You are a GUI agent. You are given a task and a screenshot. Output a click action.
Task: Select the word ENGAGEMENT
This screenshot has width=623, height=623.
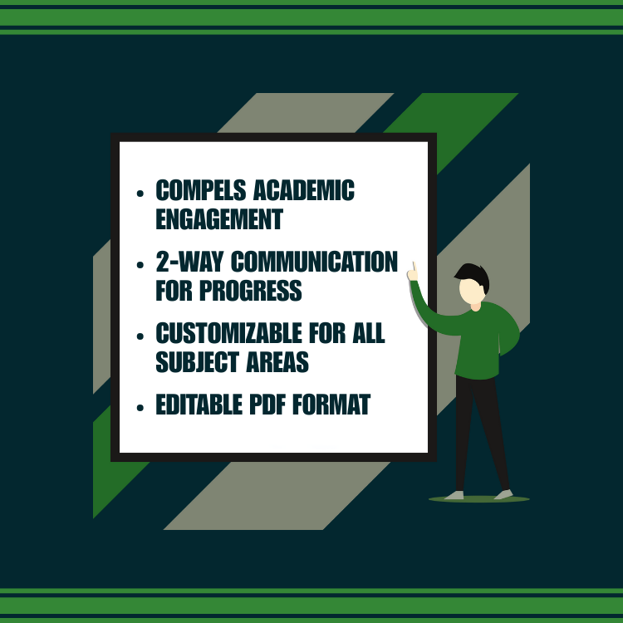(x=219, y=219)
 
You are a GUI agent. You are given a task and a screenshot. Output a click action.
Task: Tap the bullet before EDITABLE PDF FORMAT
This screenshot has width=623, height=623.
(x=140, y=407)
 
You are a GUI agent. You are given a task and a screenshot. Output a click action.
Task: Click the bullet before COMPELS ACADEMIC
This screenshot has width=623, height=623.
(x=140, y=194)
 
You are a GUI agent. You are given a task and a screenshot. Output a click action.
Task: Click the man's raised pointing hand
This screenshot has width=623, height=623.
(x=412, y=271)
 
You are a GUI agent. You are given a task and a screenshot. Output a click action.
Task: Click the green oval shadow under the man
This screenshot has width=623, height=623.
(x=478, y=499)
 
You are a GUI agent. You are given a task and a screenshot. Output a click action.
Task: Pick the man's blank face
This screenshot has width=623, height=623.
(x=470, y=291)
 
